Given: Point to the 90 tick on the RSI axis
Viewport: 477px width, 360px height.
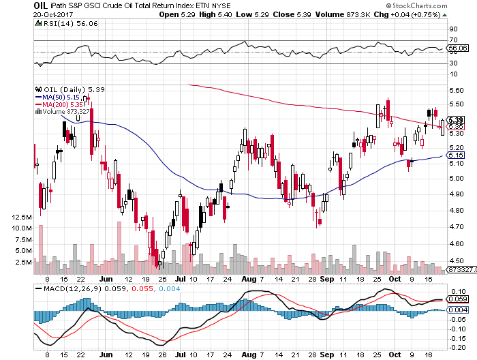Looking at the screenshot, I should point(453,29).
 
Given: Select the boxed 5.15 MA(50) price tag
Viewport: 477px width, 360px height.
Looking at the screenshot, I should point(457,155).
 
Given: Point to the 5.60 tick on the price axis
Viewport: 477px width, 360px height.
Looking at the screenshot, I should point(457,90).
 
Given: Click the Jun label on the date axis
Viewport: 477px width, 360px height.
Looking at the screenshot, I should point(106,279).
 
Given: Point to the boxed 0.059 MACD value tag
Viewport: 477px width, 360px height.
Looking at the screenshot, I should point(458,299).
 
